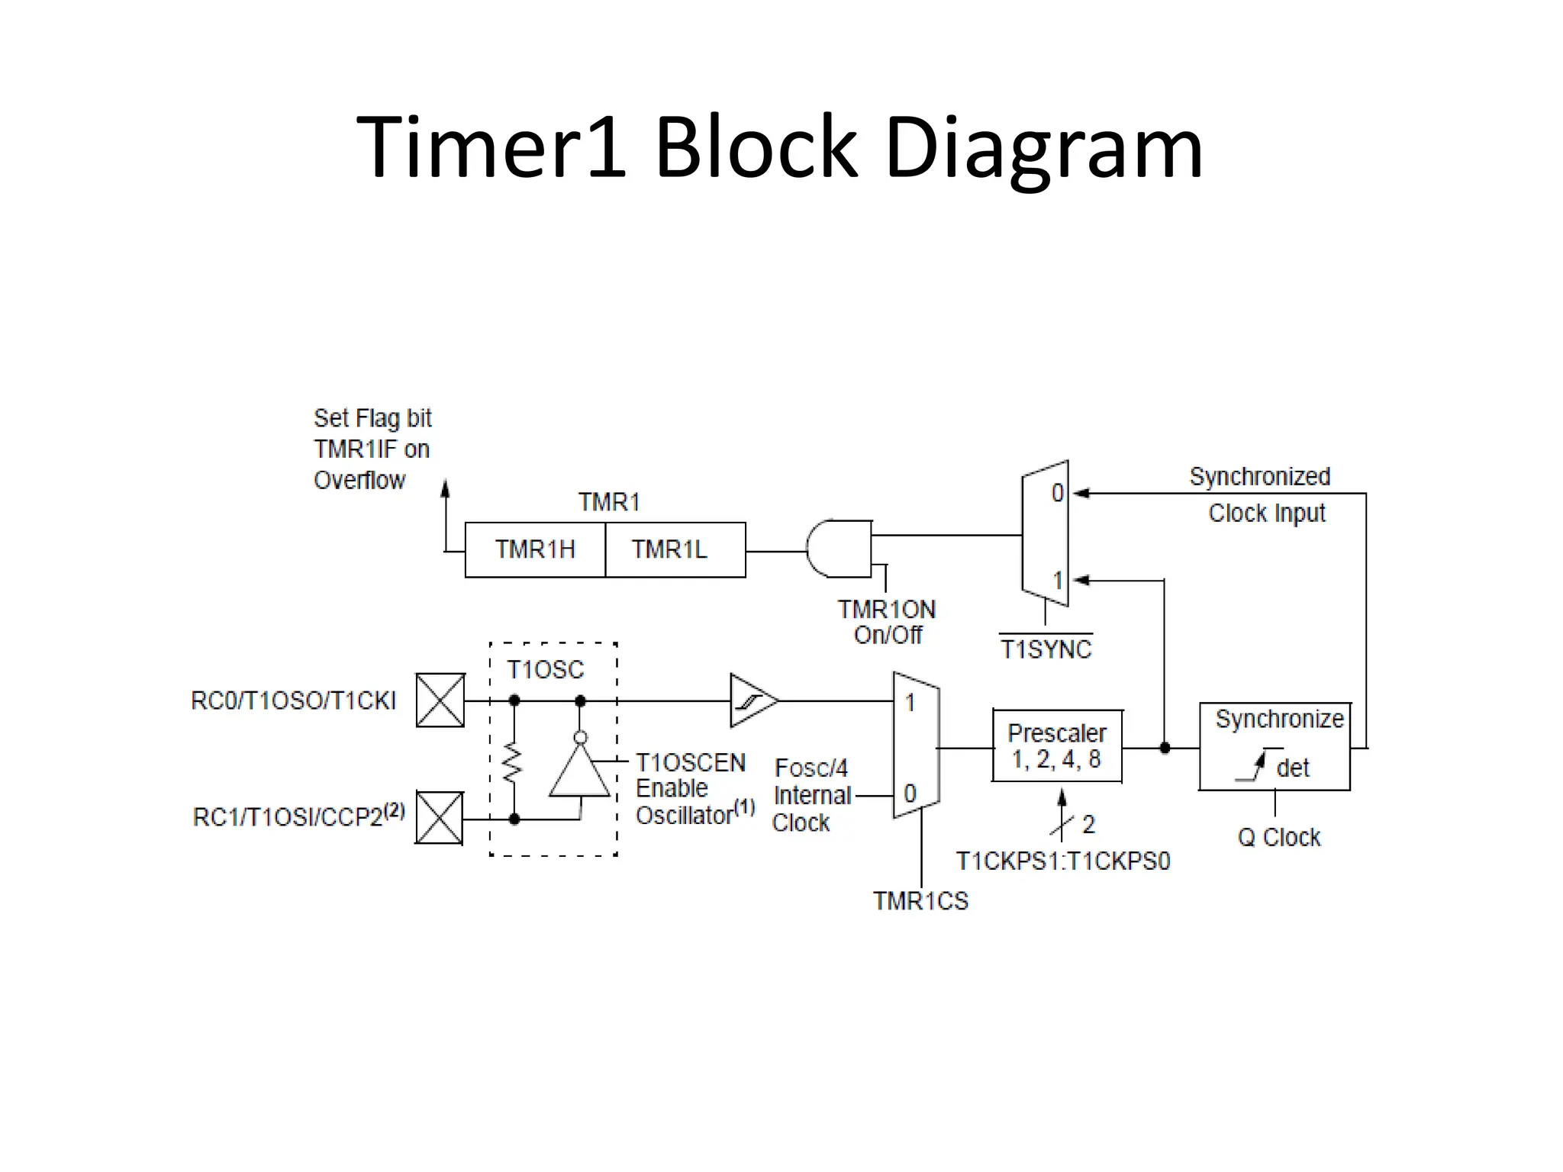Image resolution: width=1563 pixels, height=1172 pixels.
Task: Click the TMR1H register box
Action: point(534,549)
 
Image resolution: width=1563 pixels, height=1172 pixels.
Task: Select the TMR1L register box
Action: point(675,549)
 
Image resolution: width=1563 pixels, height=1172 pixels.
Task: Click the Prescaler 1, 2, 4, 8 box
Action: point(1057,745)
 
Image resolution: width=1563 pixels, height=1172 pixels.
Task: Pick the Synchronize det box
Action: point(1275,746)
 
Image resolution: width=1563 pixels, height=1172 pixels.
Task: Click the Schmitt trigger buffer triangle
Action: point(752,700)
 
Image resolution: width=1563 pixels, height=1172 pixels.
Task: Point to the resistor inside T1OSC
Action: point(514,763)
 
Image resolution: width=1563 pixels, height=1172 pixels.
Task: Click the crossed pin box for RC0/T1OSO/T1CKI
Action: point(440,700)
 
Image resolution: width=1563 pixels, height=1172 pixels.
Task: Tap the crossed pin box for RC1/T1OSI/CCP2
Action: point(440,818)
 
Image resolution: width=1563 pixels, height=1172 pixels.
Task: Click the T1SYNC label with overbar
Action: point(1046,649)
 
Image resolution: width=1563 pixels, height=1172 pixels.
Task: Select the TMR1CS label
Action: point(920,901)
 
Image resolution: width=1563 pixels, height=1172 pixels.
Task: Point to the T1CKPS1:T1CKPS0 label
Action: point(1062,861)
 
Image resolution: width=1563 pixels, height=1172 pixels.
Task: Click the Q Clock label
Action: point(1278,837)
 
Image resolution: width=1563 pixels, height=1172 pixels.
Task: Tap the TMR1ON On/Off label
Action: point(887,622)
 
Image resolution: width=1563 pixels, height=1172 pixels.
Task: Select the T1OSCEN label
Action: point(690,762)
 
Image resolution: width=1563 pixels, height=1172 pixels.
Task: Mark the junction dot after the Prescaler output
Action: point(1165,748)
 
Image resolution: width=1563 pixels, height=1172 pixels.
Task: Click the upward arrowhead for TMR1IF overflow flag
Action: point(446,488)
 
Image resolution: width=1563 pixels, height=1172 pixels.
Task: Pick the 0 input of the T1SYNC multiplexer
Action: point(1057,493)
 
